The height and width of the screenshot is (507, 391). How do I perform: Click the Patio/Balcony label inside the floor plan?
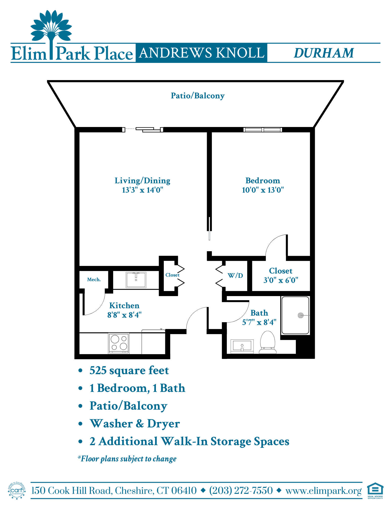coord(198,96)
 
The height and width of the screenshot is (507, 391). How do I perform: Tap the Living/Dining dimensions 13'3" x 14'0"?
coord(142,190)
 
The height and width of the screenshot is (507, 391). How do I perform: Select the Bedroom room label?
coord(263,180)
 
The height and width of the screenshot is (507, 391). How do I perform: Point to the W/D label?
coord(235,276)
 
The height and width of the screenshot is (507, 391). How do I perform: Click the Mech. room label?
coord(94,279)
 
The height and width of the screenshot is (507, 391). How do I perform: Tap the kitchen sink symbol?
coord(136,280)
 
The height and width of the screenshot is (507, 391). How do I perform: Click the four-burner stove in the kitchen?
coord(119,343)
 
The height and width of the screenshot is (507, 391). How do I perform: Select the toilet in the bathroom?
coord(268,342)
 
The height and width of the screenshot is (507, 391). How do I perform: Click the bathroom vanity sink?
coord(242,346)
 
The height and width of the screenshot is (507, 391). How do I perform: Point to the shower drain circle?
coord(301,315)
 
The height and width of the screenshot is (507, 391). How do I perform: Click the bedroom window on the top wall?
coord(263,130)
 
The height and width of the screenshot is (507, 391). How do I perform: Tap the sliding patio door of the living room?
coord(143,130)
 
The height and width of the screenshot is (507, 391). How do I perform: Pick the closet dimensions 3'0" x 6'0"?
coord(281,280)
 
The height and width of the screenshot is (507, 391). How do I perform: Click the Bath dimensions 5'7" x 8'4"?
coord(259,322)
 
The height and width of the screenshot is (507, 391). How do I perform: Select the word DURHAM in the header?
coord(324,53)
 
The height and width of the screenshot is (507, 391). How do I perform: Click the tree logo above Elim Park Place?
coord(51,29)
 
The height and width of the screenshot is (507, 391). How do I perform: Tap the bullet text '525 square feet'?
coord(129,371)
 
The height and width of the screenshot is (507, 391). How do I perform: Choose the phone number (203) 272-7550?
coord(241,491)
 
